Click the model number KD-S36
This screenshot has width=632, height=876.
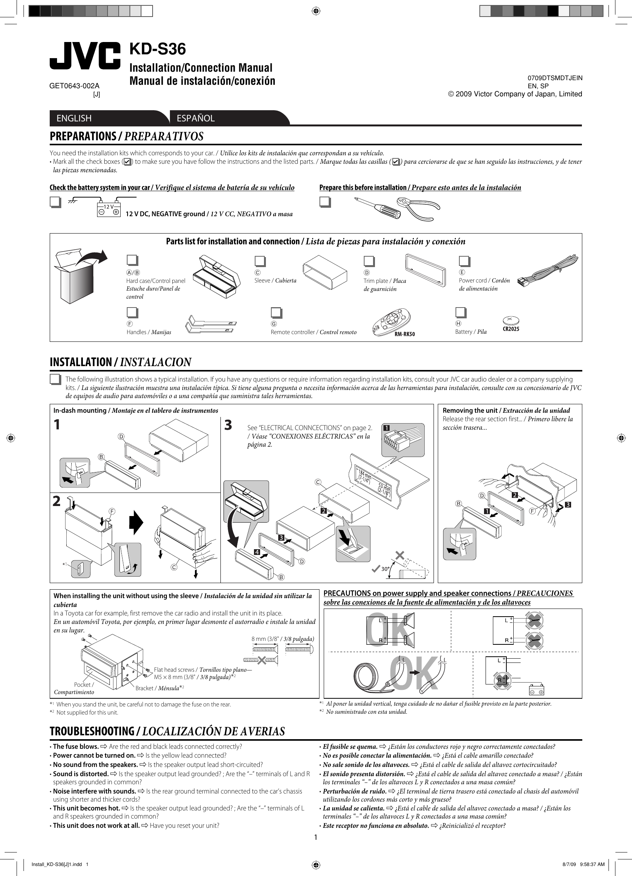[158, 49]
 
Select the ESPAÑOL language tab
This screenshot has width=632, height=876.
[195, 118]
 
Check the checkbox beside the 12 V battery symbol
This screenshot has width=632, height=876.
[55, 203]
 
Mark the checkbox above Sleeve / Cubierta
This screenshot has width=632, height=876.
[260, 262]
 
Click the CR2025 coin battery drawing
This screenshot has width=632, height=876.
[511, 320]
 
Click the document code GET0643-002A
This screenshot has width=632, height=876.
[74, 86]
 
